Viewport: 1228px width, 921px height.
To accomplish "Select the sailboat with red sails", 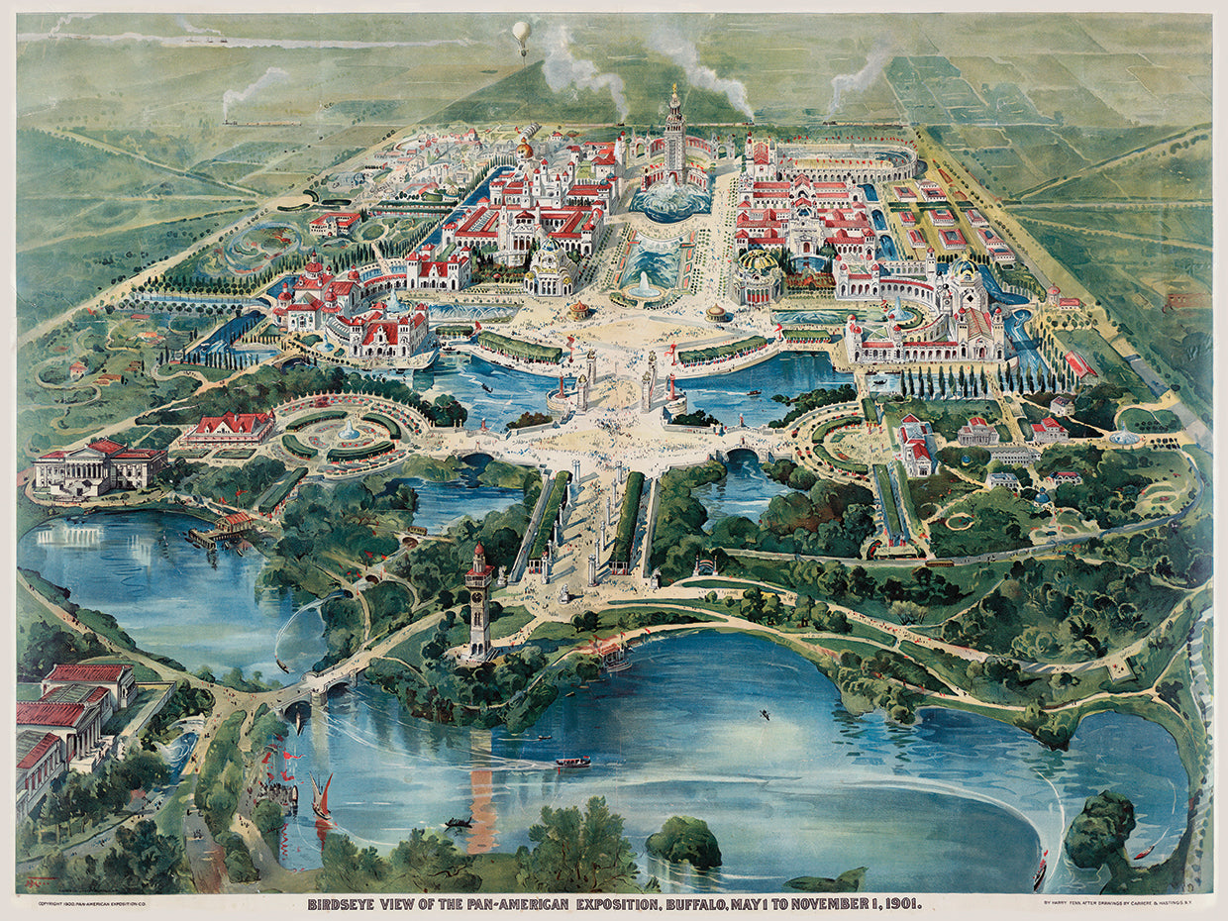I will click(x=323, y=797).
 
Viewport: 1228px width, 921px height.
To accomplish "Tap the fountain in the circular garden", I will click(x=349, y=430).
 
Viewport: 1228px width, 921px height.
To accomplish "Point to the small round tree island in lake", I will click(x=684, y=842).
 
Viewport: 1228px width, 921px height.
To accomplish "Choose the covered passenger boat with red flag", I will click(x=572, y=762).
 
